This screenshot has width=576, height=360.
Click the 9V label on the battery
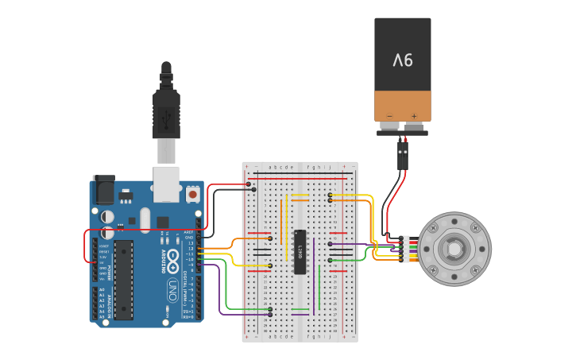[x=403, y=59]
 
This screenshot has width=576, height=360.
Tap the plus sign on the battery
[x=413, y=116]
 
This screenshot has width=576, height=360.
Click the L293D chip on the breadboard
[x=300, y=252]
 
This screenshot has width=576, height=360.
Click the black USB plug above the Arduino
[x=165, y=103]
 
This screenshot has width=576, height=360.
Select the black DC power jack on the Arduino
[x=103, y=188]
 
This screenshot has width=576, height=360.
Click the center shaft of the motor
[x=454, y=249]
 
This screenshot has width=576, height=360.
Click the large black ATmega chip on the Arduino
[x=123, y=279]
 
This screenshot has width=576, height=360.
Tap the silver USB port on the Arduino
[x=166, y=183]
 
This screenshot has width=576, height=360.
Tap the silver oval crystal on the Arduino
[x=145, y=220]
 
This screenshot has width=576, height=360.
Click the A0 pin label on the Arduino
[x=102, y=289]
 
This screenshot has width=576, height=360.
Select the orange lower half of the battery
[x=403, y=105]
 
